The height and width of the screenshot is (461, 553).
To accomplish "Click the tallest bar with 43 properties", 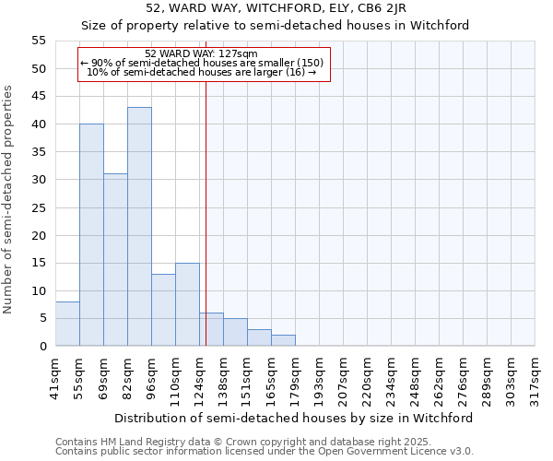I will (139, 227).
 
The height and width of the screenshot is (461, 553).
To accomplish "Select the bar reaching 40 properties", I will (91, 235).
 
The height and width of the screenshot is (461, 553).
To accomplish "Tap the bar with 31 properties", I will (115, 260).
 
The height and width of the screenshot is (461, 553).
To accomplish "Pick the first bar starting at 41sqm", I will (67, 324).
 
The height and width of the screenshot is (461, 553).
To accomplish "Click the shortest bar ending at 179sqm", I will (283, 340).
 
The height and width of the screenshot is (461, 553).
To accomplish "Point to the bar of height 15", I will (187, 304).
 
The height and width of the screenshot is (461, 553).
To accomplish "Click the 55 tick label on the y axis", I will (39, 41).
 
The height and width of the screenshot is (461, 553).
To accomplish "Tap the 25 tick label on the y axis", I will (39, 207).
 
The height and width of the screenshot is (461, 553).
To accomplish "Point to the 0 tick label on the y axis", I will (42, 346).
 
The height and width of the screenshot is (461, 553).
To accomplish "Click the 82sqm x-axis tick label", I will (127, 378).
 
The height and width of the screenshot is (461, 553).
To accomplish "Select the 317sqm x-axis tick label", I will (535, 378).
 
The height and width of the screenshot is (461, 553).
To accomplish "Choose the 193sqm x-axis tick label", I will (319, 378).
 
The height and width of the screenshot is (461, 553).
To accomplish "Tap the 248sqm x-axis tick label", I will (415, 378).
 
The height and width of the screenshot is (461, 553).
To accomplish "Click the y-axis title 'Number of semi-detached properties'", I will (9, 199).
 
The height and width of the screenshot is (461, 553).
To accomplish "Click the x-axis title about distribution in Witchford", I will (294, 418).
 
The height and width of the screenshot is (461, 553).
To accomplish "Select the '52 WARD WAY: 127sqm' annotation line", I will (202, 53).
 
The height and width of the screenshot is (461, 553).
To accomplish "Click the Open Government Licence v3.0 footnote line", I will (265, 451).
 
